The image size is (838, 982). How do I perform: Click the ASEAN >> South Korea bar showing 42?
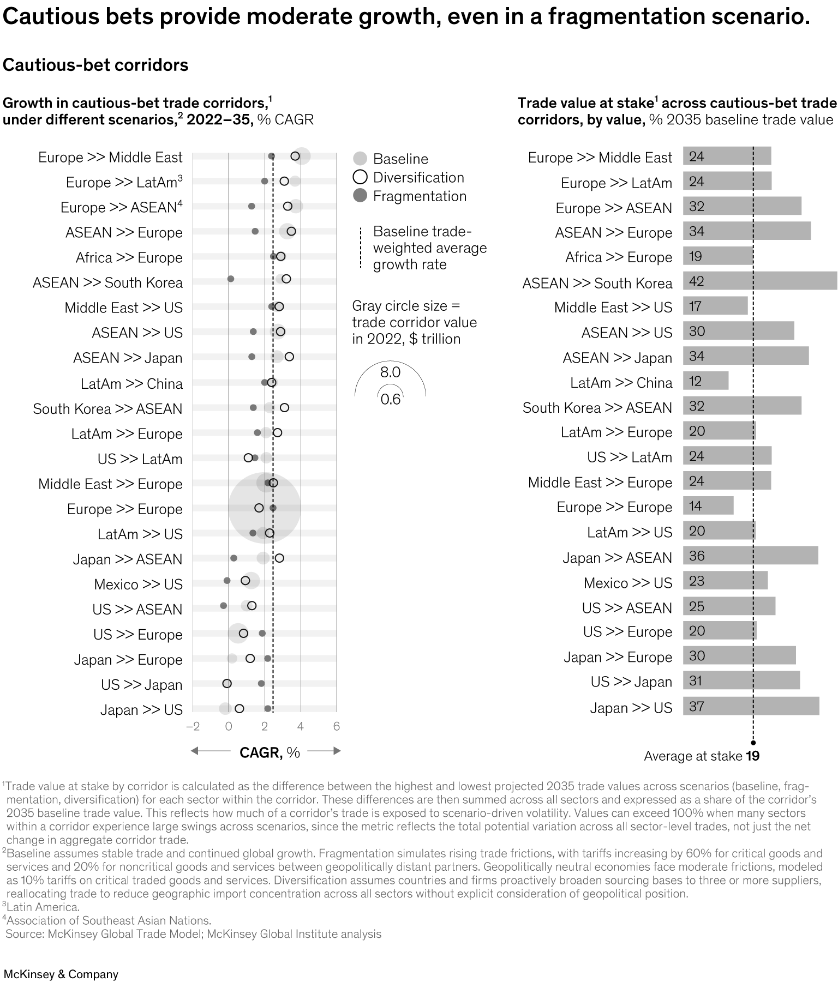(759, 281)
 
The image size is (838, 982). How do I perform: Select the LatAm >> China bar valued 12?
(705, 381)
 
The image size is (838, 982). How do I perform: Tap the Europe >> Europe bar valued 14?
(708, 506)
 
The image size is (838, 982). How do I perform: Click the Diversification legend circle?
(360, 177)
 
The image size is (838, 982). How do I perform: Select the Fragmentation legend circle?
(360, 196)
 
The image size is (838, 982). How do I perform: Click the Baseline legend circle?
(360, 159)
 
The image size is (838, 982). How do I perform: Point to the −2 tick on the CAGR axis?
(193, 726)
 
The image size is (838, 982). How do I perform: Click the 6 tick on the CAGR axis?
(336, 726)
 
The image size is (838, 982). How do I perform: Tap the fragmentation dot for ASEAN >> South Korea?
(230, 279)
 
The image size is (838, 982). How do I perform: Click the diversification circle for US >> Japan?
(227, 684)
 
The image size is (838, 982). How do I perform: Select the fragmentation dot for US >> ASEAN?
(223, 606)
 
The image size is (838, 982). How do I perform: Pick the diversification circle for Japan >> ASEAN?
(279, 558)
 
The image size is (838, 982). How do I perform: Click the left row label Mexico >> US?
(138, 585)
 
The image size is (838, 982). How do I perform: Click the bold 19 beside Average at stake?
(753, 756)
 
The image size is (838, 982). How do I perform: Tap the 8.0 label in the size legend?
(390, 372)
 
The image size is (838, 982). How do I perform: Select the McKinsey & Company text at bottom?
(61, 974)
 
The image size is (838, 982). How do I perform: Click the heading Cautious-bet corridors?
(95, 65)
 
